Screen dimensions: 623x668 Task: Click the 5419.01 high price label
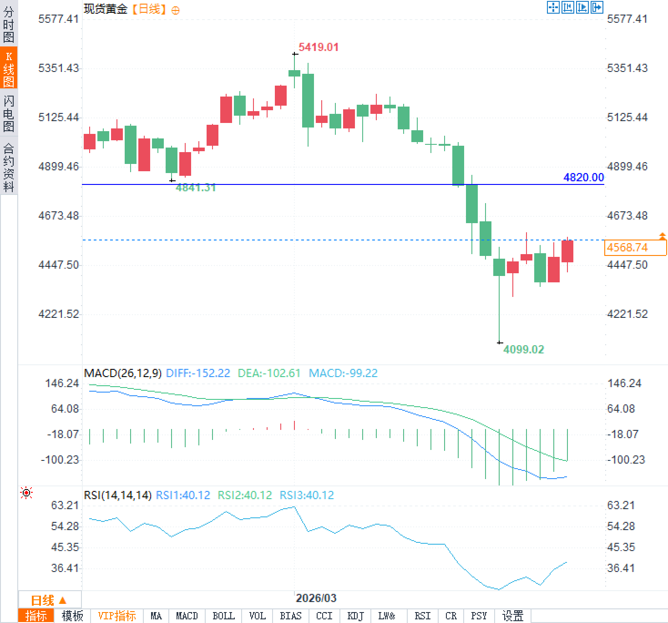319,47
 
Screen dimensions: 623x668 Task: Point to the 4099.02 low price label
523,350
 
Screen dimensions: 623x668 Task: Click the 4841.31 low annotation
196,188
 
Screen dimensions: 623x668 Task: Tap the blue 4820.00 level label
583,178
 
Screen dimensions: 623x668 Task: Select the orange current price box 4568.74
635,248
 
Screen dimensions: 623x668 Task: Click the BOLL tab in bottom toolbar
223,616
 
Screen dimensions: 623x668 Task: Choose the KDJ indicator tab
355,616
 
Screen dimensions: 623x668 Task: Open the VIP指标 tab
117,616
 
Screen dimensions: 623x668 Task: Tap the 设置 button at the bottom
513,616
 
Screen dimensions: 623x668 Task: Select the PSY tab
479,616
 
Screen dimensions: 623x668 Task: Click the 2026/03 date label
316,598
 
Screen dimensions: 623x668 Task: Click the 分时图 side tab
9,25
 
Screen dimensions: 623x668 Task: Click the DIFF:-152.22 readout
198,373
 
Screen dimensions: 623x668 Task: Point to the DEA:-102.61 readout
269,373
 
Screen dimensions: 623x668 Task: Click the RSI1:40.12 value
183,495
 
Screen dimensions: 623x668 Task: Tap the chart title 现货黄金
106,9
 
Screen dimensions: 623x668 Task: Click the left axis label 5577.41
58,19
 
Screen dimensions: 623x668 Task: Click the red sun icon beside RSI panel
27,493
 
